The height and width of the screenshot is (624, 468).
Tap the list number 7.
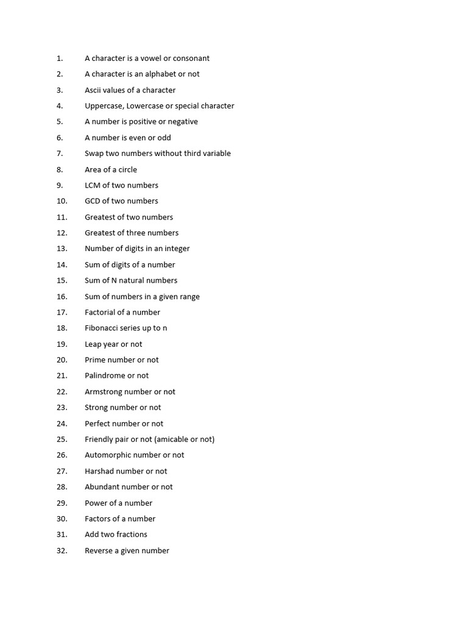[60, 154]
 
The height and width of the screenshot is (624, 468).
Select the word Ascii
[94, 90]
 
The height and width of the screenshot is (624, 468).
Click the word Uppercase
[104, 106]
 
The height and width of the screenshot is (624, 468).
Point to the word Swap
[94, 154]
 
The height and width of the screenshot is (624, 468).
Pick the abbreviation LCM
[93, 185]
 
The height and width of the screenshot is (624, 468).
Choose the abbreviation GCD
[93, 201]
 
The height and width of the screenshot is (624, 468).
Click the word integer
[177, 249]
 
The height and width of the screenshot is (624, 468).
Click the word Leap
[93, 344]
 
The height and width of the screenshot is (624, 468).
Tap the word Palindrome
[105, 375]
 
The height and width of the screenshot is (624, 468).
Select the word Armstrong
[104, 392]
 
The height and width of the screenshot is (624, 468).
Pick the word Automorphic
[107, 455]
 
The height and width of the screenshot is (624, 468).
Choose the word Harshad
[99, 471]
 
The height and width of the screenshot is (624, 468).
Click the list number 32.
[62, 551]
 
